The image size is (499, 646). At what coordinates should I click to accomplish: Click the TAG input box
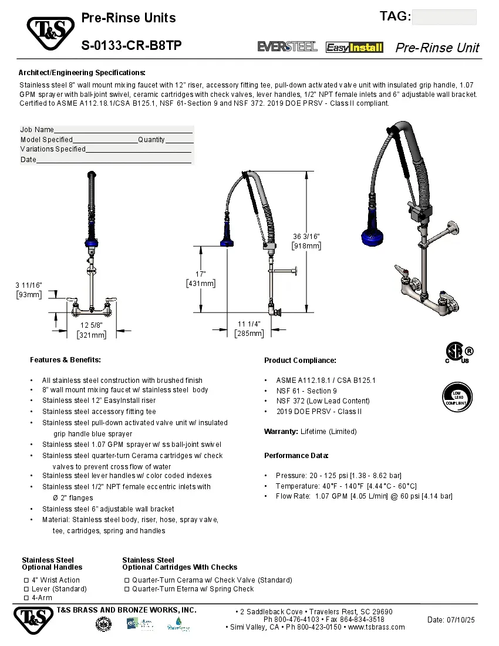(x=444, y=17)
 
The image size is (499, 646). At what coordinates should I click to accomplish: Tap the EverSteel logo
(x=287, y=47)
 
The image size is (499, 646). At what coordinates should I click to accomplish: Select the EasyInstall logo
(x=354, y=48)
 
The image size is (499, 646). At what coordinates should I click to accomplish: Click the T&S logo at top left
(x=49, y=33)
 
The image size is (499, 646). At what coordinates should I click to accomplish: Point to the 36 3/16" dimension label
(x=306, y=236)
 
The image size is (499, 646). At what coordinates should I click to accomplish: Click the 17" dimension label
(x=200, y=274)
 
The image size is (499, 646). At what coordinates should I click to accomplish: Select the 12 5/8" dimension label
(x=92, y=325)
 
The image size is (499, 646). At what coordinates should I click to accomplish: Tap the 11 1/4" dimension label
(x=249, y=324)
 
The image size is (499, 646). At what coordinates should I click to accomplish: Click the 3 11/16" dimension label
(x=29, y=285)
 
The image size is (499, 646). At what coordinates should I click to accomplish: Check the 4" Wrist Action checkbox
(x=26, y=580)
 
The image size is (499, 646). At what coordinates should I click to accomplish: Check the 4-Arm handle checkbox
(x=26, y=598)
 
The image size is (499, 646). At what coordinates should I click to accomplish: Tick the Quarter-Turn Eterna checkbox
(x=127, y=589)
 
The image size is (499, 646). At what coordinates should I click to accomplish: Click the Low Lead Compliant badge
(x=456, y=398)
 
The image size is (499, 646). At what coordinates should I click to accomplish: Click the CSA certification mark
(x=456, y=354)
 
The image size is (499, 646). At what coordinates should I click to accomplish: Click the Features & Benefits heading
(x=65, y=359)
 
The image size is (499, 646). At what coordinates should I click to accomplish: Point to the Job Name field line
(x=123, y=130)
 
